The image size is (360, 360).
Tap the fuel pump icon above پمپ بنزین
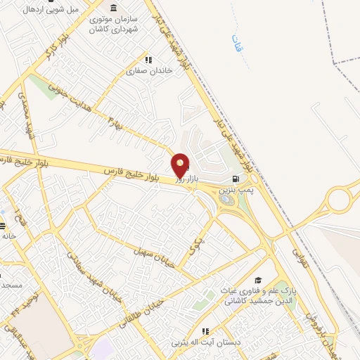[235, 179]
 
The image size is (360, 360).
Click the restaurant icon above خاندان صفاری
[148, 60]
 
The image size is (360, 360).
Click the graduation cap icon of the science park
[258, 280]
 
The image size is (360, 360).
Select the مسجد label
[11, 285]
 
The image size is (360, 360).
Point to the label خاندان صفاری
[145, 71]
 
